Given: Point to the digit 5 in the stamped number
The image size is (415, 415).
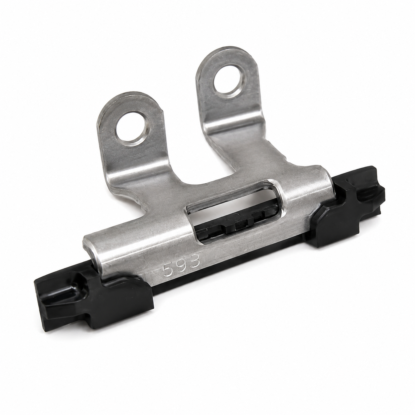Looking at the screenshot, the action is click(168, 271).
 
